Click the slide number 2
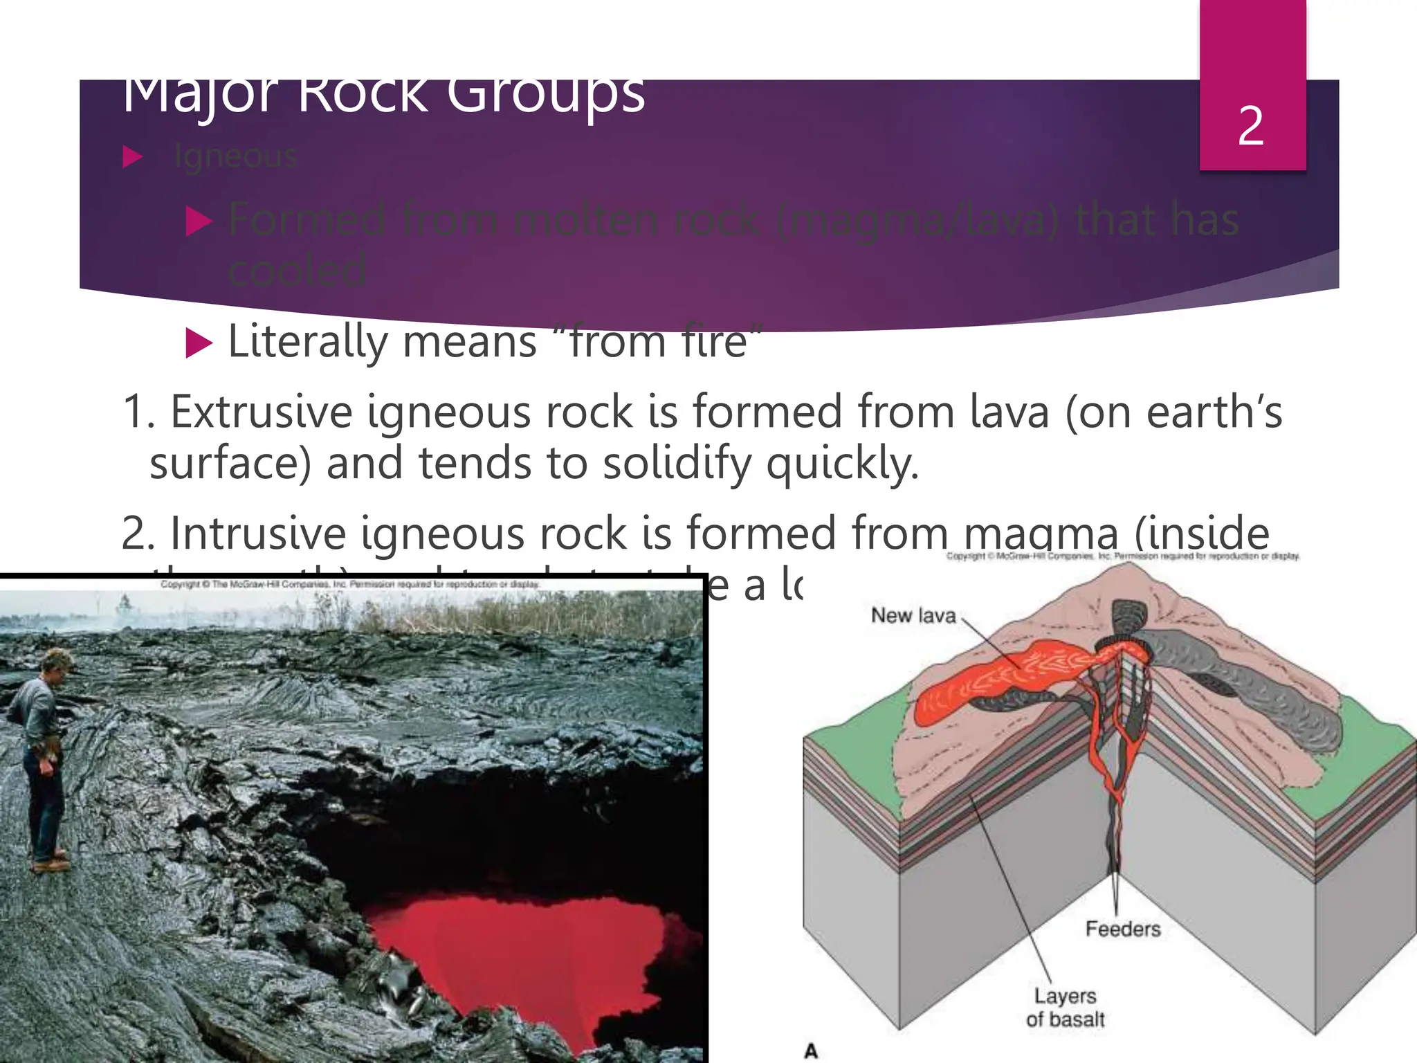pos(1251,126)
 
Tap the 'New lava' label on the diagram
pos(913,615)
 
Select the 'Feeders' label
pos(1122,929)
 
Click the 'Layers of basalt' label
pos(1065,1008)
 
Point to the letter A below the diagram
pos(811,1051)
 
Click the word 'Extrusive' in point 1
pos(262,412)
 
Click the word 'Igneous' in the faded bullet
pos(235,156)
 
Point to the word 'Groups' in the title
pos(545,96)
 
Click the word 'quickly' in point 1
pos(842,463)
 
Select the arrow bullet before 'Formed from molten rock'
pos(199,221)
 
